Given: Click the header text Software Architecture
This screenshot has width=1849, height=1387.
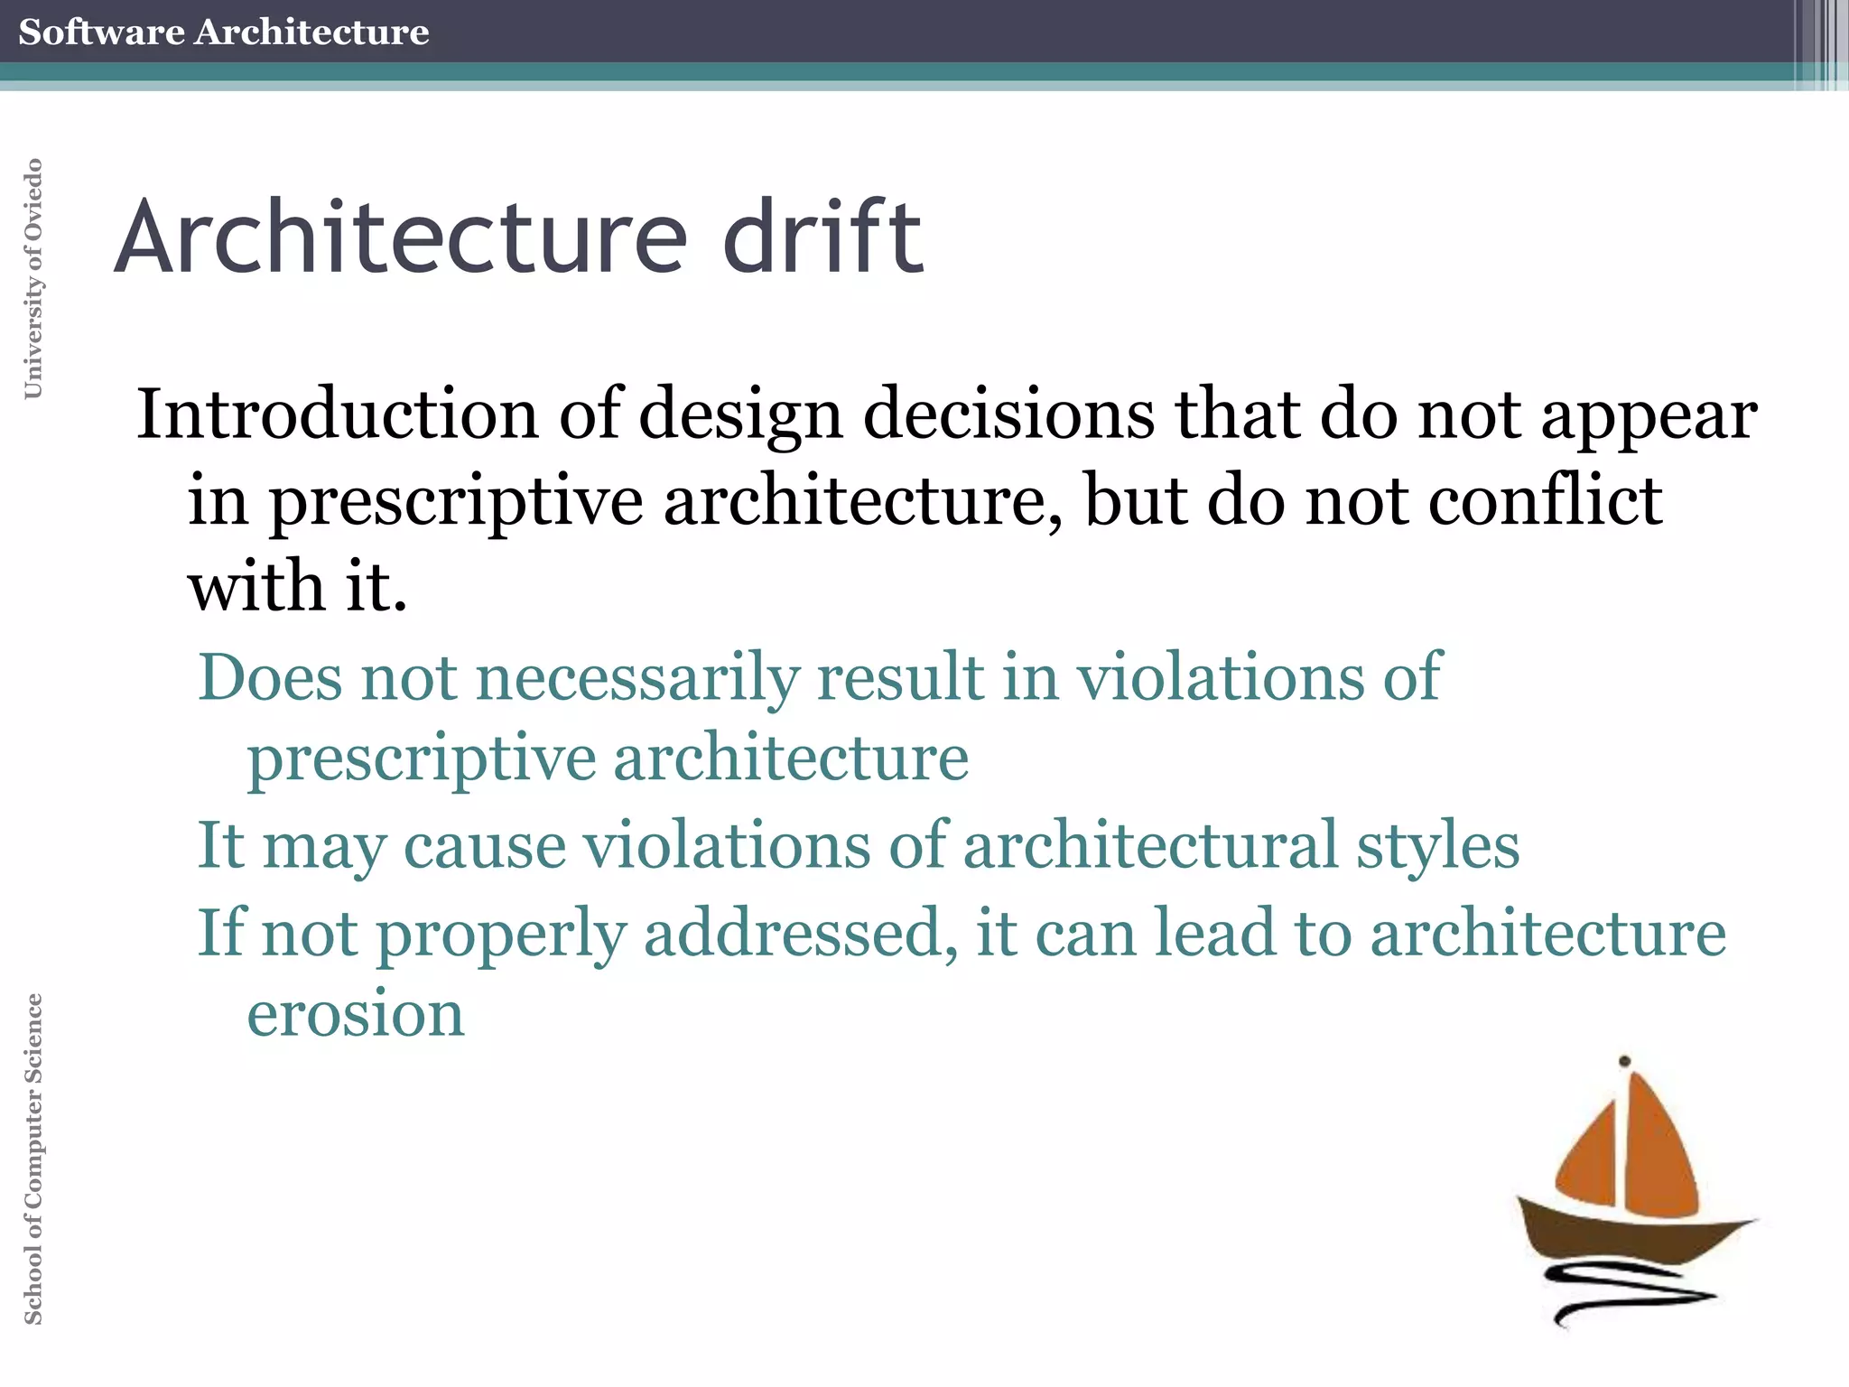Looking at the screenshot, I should tap(223, 32).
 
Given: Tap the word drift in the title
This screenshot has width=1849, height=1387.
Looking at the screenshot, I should tap(822, 237).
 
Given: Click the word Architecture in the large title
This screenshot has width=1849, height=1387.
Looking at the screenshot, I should tap(401, 237).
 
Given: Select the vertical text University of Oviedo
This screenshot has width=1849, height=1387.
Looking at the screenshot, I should tap(33, 278).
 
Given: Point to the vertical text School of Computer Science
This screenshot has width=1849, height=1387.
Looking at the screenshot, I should tap(33, 1159).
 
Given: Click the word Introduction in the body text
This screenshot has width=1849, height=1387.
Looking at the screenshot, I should tap(337, 414).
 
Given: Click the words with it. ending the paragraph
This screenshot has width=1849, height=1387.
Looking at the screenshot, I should tap(297, 586).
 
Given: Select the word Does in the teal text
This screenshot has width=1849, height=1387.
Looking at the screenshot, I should tap(269, 676).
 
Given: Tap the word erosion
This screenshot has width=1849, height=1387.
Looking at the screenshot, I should tap(356, 1013).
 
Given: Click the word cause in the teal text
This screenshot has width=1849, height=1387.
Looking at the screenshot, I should tap(485, 846).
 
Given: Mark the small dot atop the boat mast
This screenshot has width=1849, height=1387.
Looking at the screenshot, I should tap(1624, 1061).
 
